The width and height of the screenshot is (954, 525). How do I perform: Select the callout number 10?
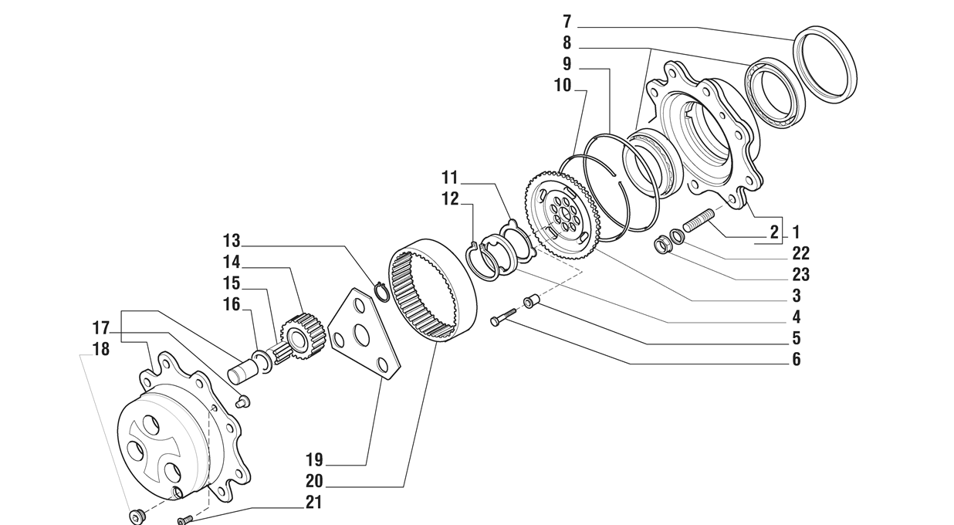(x=562, y=85)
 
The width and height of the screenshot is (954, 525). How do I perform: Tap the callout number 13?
(x=232, y=240)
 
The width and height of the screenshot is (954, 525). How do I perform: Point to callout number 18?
(x=100, y=349)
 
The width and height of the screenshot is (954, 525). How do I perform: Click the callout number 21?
(x=314, y=503)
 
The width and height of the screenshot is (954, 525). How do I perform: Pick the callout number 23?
(x=800, y=274)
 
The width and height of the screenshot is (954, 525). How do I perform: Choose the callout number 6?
(x=796, y=359)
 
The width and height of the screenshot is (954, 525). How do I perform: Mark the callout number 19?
(x=314, y=461)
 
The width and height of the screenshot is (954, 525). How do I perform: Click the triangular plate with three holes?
(x=363, y=334)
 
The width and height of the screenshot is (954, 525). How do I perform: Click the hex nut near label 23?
(x=661, y=247)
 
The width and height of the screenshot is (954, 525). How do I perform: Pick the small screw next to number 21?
(x=184, y=520)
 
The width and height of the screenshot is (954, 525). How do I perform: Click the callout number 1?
(x=796, y=232)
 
